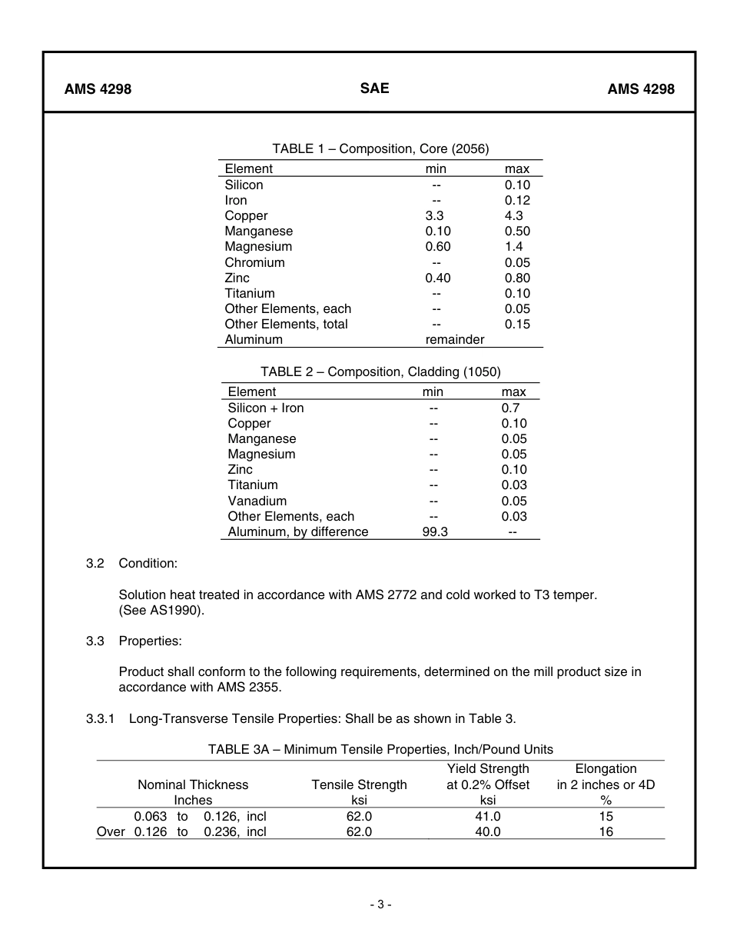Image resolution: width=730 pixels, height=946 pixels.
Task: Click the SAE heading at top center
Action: pos(374,88)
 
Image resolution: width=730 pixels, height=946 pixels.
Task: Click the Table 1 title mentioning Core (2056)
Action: pos(380,148)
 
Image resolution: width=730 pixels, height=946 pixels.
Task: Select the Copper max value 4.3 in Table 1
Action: pos(513,216)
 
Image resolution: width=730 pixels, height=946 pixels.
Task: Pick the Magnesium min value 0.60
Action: pos(438,247)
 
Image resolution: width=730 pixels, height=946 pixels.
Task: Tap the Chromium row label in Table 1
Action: pos(254,262)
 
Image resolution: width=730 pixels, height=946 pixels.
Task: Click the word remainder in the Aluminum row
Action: pos(455,339)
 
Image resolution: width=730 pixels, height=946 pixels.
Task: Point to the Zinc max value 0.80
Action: pos(517,278)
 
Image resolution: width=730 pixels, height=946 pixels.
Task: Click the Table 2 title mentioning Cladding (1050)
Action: pos(380,371)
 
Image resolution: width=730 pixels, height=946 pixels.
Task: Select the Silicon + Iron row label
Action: pos(266,408)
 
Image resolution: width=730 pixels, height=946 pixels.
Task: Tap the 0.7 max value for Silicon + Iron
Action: pos(510,408)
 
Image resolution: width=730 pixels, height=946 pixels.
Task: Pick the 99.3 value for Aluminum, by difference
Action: pos(435,531)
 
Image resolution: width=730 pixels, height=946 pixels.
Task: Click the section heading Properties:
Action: pos(150,641)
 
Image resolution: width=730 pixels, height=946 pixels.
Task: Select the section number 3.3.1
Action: pos(100,718)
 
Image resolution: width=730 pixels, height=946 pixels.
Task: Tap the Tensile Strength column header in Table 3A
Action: pos(359,784)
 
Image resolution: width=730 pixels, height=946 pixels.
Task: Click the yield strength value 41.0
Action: pos(487,816)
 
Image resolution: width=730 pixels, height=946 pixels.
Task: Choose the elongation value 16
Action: pos(606,831)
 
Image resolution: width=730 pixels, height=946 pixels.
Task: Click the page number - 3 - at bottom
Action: pos(380,904)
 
